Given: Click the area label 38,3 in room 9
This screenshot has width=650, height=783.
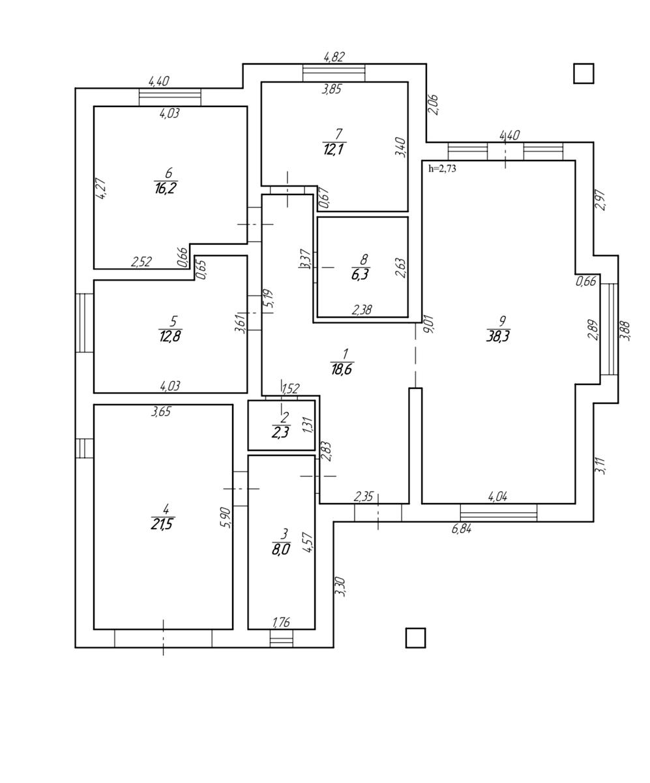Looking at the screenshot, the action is point(498,337).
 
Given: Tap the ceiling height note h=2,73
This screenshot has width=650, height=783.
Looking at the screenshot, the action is point(443,169).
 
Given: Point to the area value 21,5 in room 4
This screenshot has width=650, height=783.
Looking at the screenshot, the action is point(162,524).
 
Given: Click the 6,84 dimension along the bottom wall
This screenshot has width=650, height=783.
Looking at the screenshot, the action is point(462,529).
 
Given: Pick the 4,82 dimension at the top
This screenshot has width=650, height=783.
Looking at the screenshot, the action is point(334,57).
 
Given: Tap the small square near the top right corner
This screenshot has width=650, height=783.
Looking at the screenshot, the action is point(584,74).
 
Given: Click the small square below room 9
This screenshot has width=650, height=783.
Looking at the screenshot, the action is point(415,637).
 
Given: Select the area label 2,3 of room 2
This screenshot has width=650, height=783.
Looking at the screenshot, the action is point(280,433).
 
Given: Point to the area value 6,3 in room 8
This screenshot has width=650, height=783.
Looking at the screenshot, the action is point(360,274).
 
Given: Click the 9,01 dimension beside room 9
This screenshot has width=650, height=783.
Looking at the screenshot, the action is point(428,324).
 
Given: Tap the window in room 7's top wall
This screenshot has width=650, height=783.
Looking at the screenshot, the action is point(334,73).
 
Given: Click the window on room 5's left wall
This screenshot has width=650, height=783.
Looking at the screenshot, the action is point(85,322).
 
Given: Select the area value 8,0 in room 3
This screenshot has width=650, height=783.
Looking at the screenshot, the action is point(280,550).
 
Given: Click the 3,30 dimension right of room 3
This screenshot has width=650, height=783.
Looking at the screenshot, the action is point(340,587).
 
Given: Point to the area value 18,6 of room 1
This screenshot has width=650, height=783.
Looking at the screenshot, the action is point(341,369).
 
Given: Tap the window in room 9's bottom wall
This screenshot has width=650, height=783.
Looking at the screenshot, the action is point(499,513).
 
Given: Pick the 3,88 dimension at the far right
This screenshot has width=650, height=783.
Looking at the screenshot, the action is point(625,330).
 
